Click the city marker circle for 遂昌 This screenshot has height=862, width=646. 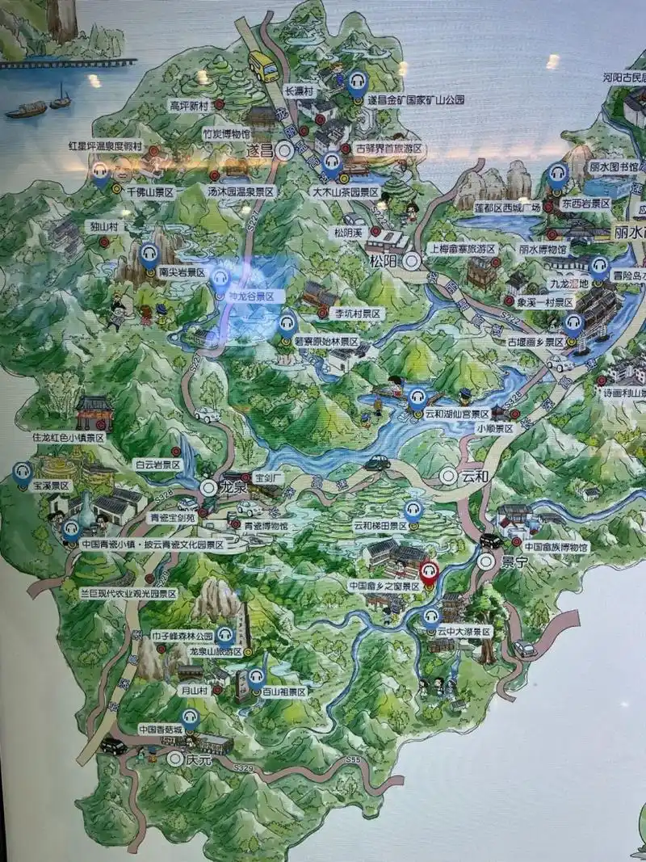point(283,150)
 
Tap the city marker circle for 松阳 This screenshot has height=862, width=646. point(413,260)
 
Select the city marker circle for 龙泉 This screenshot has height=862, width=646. point(208,487)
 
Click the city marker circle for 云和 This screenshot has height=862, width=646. point(448,477)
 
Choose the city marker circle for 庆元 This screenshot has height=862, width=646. point(174,759)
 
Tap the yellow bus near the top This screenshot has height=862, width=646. point(263,65)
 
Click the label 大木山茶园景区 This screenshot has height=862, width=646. point(345,192)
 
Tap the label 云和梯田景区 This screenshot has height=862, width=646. point(380,525)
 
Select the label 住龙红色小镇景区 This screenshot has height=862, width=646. point(69,437)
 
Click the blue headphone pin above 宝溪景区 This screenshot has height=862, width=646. point(23,472)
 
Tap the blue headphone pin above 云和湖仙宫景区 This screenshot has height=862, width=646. point(417,397)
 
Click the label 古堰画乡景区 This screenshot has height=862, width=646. point(535,343)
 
